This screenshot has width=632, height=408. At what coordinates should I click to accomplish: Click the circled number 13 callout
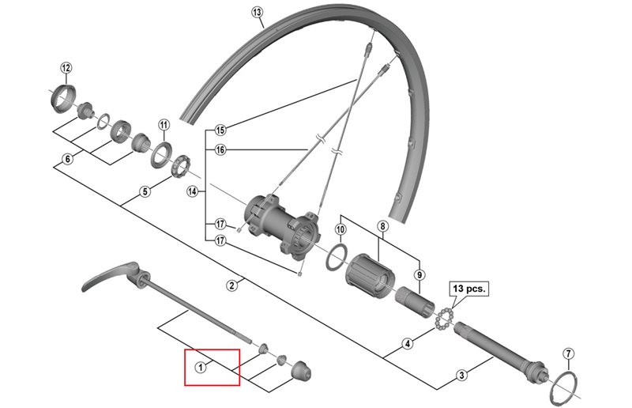(258, 12)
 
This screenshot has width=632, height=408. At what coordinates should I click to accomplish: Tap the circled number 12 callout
(66, 67)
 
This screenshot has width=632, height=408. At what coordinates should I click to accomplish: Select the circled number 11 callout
(164, 125)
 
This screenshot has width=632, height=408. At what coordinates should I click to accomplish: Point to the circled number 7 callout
(568, 354)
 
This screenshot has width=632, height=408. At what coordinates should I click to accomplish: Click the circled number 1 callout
(201, 367)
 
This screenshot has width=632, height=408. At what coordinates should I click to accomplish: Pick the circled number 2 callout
(231, 285)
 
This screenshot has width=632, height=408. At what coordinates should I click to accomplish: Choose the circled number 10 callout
(340, 229)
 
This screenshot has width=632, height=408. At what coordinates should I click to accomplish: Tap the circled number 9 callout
(419, 275)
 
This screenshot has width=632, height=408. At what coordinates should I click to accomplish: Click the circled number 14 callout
(193, 191)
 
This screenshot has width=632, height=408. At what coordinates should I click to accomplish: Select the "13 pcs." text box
(469, 289)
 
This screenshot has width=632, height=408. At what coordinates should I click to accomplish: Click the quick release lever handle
(110, 275)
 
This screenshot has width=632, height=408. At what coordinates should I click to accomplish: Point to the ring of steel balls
(445, 317)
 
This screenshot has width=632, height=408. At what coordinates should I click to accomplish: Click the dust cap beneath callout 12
(62, 98)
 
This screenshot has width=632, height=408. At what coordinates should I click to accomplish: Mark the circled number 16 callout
(220, 150)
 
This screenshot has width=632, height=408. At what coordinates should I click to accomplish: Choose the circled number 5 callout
(145, 191)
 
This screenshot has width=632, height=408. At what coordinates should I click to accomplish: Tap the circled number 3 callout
(462, 375)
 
